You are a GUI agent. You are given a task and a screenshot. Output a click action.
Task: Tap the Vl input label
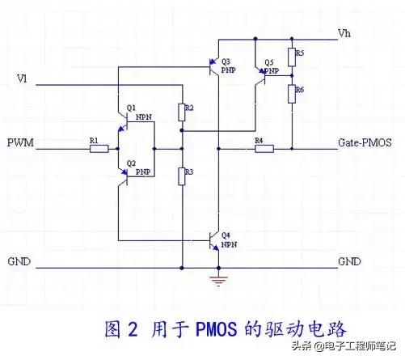[x=22, y=78]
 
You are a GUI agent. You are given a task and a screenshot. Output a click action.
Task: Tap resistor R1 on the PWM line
[x=95, y=149]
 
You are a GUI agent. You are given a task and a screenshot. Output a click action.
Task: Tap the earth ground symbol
[x=217, y=280]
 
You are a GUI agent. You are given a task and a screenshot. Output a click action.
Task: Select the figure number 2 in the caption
[x=136, y=330]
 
